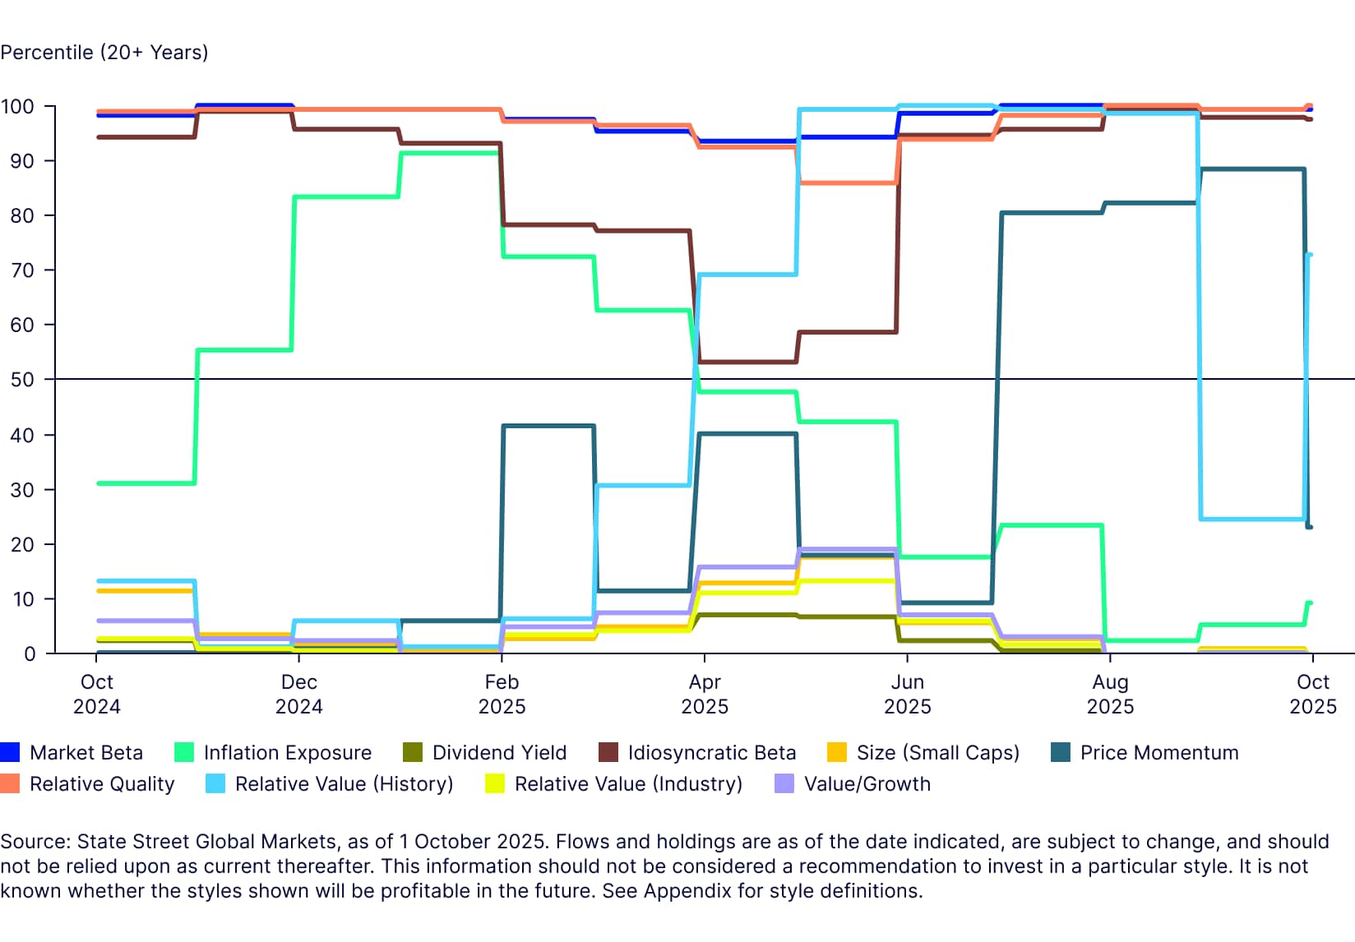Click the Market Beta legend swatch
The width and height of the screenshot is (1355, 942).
(10, 752)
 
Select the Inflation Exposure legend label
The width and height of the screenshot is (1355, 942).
(287, 752)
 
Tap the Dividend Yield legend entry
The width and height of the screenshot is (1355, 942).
(498, 752)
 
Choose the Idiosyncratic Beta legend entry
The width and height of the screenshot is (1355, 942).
(711, 752)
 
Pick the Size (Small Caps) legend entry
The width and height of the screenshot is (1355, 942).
(937, 752)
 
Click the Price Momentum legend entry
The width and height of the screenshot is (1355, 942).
(1158, 752)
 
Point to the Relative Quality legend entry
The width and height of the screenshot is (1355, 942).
(102, 783)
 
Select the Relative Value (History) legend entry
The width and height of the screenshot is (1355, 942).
(344, 783)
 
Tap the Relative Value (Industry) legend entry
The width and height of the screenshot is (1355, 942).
(628, 783)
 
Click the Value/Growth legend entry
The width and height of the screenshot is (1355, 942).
(867, 783)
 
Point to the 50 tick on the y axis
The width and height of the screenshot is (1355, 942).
(22, 380)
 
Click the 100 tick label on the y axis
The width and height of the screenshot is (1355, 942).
(17, 107)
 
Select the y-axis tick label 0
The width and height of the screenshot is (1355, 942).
(30, 653)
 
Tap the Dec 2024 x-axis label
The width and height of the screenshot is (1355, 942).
(298, 694)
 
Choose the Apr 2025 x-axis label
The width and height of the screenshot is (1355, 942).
(705, 694)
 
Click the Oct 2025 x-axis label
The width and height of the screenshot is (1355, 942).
(1312, 694)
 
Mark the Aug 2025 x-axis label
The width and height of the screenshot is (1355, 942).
(1110, 694)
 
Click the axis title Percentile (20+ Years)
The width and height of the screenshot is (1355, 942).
(104, 53)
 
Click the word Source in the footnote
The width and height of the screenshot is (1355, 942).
(34, 842)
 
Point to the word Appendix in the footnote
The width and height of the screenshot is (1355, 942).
(687, 891)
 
